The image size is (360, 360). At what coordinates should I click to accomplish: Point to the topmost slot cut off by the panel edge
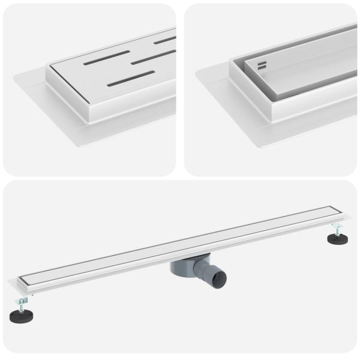click(x=164, y=40)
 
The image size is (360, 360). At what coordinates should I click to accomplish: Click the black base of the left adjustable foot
click(x=22, y=316)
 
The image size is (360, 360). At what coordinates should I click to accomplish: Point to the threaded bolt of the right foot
click(x=337, y=228)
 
